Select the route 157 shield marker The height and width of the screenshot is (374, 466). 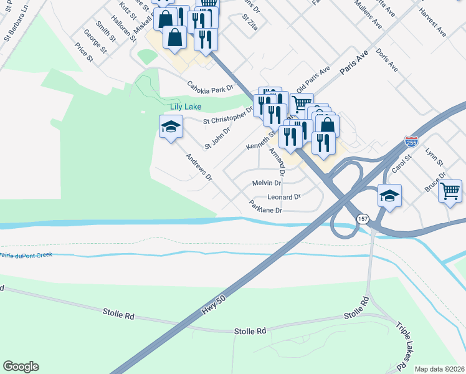point(363,219)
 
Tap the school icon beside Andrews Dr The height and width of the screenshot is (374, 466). point(169,128)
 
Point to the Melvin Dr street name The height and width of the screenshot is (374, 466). point(267,183)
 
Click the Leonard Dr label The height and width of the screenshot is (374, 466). point(284,197)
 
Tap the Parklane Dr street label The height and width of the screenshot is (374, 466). point(266,206)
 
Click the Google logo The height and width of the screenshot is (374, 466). point(21,367)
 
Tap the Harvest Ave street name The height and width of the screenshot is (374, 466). point(433,21)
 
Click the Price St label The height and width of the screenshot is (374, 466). point(83,52)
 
